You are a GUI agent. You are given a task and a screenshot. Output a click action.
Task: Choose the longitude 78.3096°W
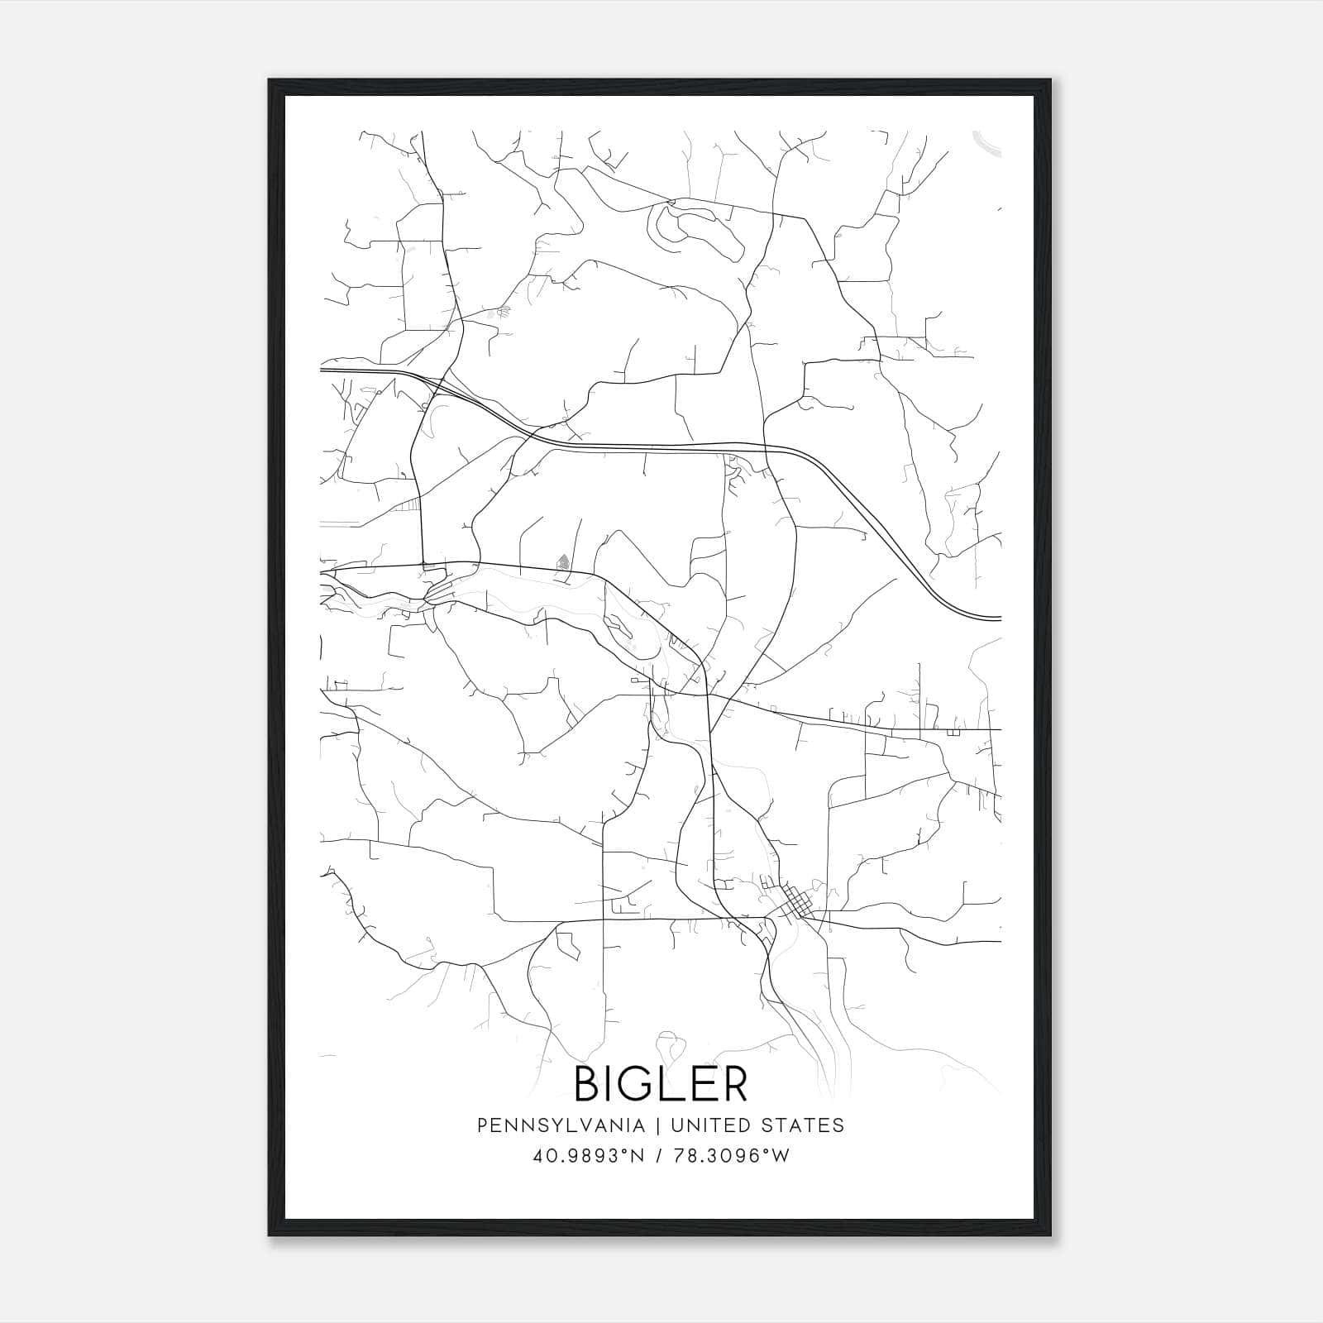tap(731, 1156)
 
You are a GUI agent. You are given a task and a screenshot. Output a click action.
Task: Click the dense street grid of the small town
tap(795, 902)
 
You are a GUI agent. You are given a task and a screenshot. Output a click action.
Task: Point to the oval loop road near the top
tap(696, 226)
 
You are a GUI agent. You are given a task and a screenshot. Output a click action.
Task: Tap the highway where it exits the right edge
tap(997, 618)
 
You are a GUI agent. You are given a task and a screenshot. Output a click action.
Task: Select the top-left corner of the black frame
tap(270, 81)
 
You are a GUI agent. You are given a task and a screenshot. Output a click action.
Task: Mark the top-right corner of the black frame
tap(1049, 81)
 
